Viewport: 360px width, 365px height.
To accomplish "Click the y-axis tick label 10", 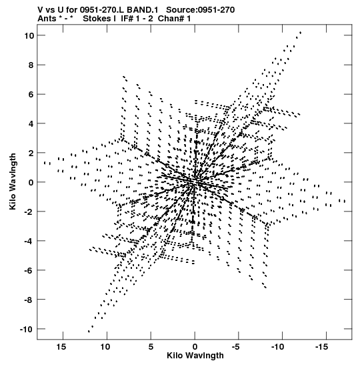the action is click(29, 35).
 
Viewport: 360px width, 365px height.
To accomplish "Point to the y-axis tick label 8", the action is click(31, 65).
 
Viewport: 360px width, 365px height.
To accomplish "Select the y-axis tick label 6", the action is click(31, 94).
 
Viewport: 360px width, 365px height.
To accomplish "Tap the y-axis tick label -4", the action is click(29, 241).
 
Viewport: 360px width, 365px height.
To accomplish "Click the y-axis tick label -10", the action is click(27, 329).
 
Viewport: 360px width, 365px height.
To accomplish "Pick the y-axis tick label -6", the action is click(29, 270).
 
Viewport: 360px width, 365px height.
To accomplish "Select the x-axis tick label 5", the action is click(151, 347).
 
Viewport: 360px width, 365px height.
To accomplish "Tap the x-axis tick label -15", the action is click(321, 347).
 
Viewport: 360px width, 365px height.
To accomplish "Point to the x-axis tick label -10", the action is click(278, 347).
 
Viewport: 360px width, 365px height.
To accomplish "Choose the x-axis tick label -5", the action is click(236, 347).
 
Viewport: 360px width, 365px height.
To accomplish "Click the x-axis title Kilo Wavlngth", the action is click(195, 356).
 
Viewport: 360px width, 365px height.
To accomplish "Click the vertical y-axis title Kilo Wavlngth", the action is click(13, 181).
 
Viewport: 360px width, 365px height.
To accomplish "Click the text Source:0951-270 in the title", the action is click(201, 10).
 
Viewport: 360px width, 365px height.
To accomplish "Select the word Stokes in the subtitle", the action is click(96, 19).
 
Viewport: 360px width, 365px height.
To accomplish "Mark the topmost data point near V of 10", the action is click(301, 33).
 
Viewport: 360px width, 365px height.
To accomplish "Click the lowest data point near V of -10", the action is click(89, 331).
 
